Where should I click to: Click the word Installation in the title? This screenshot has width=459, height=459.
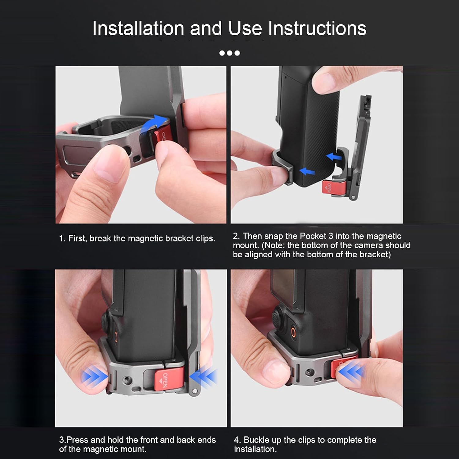click(x=138, y=28)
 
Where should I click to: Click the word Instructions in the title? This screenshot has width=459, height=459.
click(x=317, y=28)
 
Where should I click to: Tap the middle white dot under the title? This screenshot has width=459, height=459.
click(x=229, y=53)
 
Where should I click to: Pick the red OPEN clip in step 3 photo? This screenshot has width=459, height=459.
click(x=169, y=380)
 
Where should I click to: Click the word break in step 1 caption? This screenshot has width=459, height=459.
click(x=100, y=238)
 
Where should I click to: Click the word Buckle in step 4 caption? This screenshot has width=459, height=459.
click(x=257, y=440)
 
